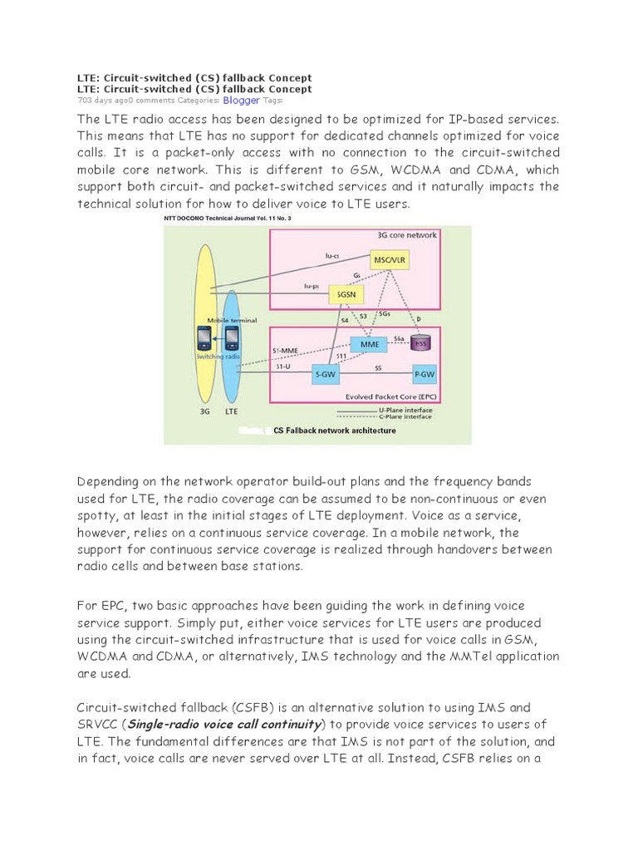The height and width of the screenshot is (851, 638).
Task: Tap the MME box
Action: pos(368,343)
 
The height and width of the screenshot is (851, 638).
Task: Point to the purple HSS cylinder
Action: pos(424,342)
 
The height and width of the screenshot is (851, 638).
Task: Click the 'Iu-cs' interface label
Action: pos(332,257)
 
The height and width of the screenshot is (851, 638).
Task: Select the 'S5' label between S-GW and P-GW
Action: pos(378,366)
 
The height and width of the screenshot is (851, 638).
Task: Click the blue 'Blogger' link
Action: pos(241,100)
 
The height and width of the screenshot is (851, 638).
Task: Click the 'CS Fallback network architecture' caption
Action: pos(335,430)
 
